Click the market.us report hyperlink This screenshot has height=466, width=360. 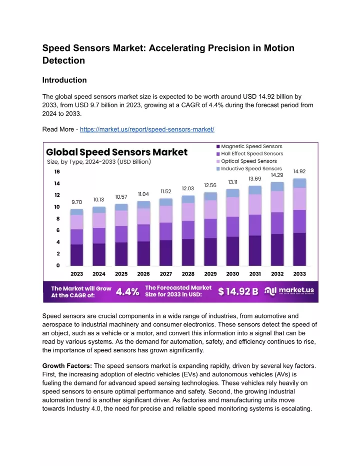pos(147,129)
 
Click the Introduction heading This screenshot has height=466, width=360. pos(64,80)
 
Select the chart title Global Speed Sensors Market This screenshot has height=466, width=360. pos(116,152)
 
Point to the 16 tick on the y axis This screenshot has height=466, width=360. pos(57,172)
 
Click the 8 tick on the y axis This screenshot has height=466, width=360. pos(58,218)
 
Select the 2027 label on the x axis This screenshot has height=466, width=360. pos(165,274)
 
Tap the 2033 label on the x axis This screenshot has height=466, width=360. pos(299,274)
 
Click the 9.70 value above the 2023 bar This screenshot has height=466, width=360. pos(76,202)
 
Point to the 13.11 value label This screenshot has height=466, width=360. pos(232,182)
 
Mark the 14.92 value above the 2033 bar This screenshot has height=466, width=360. pos(299,172)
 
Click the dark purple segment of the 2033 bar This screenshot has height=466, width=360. pos(299,249)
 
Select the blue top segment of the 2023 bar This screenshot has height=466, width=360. pos(76,212)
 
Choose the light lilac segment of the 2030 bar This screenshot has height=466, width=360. pos(232,207)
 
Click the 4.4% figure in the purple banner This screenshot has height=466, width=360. pos(127,291)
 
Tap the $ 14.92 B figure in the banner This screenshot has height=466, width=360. pos(238,291)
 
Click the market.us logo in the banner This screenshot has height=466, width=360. pos(289,291)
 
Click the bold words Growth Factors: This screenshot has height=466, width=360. pos(67,366)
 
